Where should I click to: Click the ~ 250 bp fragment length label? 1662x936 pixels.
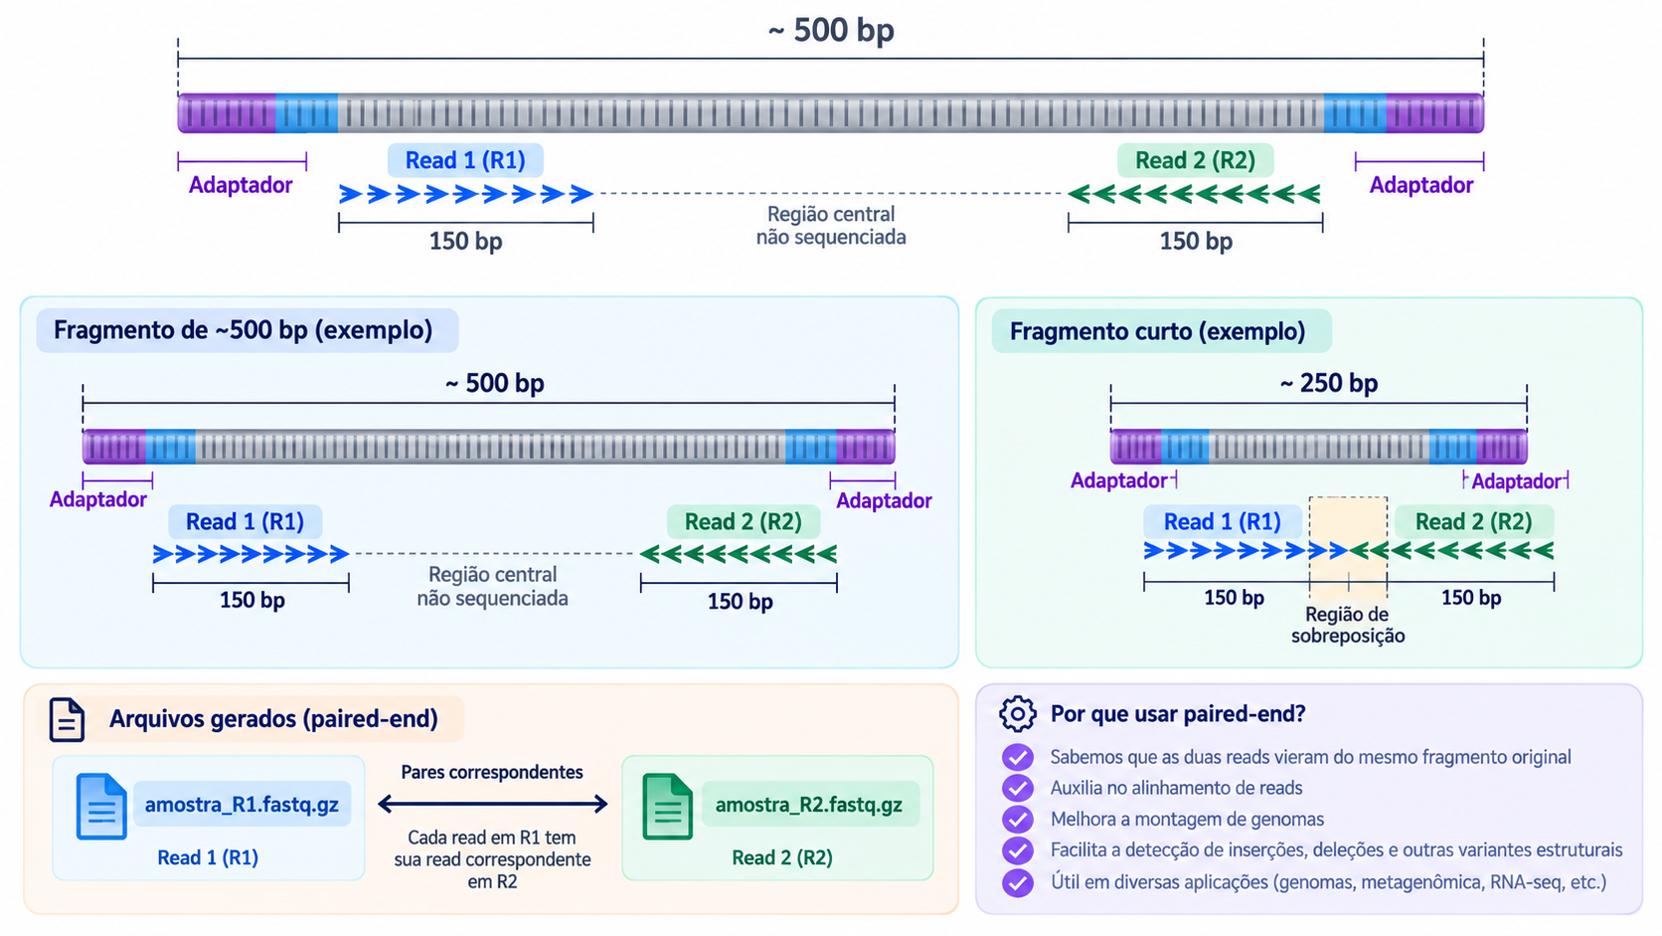pyautogui.click(x=1329, y=383)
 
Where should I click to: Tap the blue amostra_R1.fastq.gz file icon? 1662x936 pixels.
pyautogui.click(x=101, y=806)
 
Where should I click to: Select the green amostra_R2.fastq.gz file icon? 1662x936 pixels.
pyautogui.click(x=668, y=806)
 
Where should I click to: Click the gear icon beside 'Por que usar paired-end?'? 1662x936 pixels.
pyautogui.click(x=1017, y=714)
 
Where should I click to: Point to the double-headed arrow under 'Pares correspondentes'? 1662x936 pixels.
pyautogui.click(x=493, y=803)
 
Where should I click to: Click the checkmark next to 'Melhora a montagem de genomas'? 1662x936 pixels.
pyautogui.click(x=1017, y=820)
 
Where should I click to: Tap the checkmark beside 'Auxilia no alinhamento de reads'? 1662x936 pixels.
pyautogui.click(x=1017, y=788)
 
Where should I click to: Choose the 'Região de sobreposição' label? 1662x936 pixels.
pyautogui.click(x=1348, y=625)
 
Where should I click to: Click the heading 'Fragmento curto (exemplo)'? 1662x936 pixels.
pyautogui.click(x=1157, y=331)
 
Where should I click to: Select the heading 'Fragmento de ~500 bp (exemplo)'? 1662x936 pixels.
pyautogui.click(x=243, y=329)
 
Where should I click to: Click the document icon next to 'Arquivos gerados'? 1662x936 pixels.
pyautogui.click(x=67, y=719)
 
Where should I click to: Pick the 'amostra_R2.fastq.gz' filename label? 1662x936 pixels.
pyautogui.click(x=809, y=805)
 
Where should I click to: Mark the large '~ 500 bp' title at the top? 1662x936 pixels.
pyautogui.click(x=831, y=31)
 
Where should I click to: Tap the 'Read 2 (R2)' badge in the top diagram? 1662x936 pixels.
pyautogui.click(x=1195, y=160)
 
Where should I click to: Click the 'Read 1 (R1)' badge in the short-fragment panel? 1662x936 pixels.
pyautogui.click(x=1222, y=522)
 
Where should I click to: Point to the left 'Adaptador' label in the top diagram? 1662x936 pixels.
pyautogui.click(x=241, y=185)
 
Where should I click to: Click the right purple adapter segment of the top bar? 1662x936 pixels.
pyautogui.click(x=1435, y=113)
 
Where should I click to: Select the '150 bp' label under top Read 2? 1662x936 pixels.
pyautogui.click(x=1196, y=242)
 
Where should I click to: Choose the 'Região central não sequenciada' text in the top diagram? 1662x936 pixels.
pyautogui.click(x=831, y=226)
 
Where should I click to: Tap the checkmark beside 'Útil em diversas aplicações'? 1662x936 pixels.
pyautogui.click(x=1017, y=882)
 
